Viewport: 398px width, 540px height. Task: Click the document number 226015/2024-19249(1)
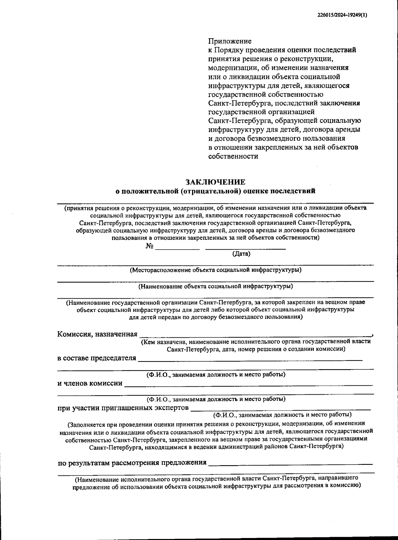[x=340, y=15]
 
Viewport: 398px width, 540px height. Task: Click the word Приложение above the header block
[x=230, y=41]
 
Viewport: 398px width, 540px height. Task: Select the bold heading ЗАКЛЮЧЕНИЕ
[x=215, y=182]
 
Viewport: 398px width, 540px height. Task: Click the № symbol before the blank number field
[x=149, y=246]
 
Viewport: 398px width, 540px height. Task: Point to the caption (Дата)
[x=241, y=254]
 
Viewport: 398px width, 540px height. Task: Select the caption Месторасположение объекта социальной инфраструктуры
[x=215, y=270]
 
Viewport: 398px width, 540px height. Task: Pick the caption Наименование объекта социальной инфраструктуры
[x=215, y=286]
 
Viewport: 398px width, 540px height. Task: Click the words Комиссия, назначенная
[x=98, y=334]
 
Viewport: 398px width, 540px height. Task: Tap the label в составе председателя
[x=97, y=358]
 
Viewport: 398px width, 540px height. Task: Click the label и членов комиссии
[x=90, y=383]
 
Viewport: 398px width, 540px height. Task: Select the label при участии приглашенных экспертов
[x=123, y=408]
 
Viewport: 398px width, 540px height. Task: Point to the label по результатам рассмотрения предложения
[x=132, y=462]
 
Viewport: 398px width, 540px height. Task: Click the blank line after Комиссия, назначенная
[x=255, y=335]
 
